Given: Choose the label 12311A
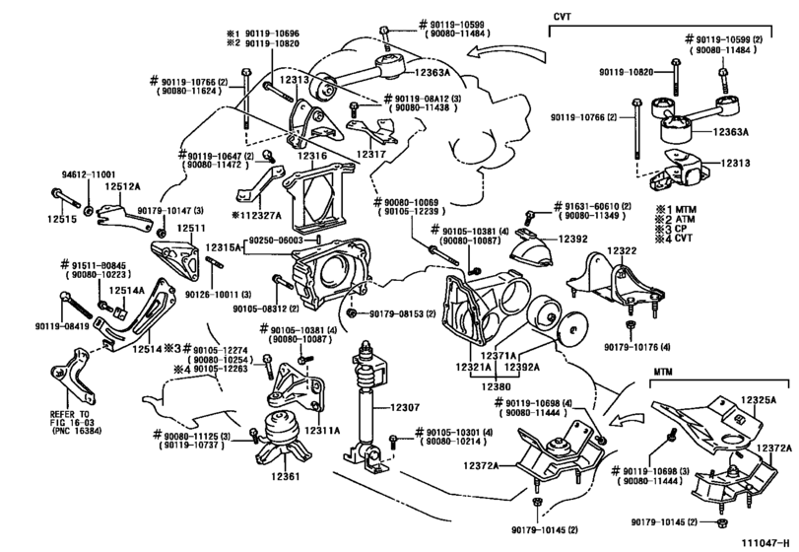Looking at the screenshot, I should (322, 429).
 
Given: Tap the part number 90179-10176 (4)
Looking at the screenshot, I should (636, 347).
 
